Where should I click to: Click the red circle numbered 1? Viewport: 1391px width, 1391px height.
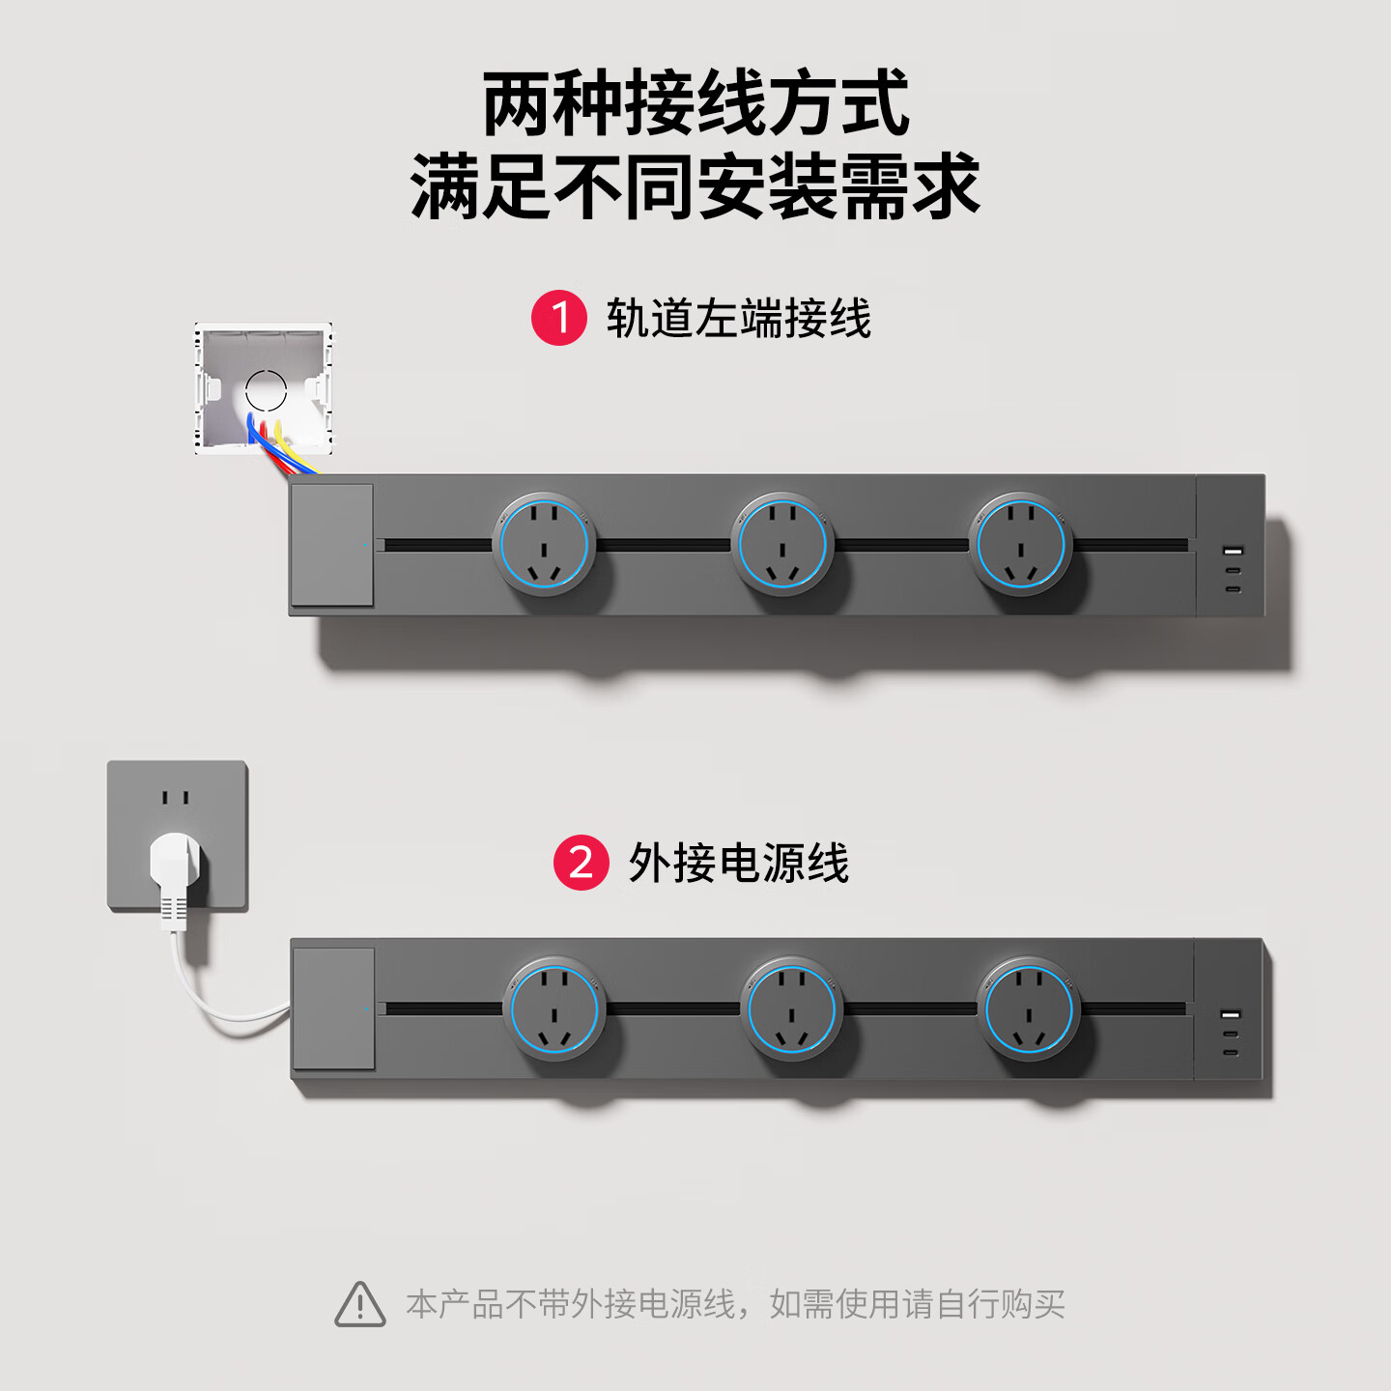(x=558, y=318)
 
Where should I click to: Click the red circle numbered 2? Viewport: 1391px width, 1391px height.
(x=582, y=863)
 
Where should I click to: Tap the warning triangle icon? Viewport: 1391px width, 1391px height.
(x=360, y=1304)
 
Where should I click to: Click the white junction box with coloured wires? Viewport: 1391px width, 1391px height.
(x=265, y=389)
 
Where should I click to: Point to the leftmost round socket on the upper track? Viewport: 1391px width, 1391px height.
(x=545, y=544)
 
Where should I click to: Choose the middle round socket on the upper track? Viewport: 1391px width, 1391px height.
(x=782, y=544)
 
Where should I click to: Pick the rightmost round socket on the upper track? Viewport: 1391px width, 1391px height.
(x=1021, y=544)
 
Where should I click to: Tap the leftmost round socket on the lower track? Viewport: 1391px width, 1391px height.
(x=554, y=1008)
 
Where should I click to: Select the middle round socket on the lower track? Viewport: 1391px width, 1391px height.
(x=792, y=1008)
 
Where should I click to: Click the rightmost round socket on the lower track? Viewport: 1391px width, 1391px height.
(x=1029, y=1008)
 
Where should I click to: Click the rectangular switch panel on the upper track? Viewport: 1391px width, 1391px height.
(x=332, y=545)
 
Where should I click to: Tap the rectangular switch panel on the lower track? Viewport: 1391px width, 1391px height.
(x=333, y=1008)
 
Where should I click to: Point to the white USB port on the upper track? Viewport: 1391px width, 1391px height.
(x=1233, y=552)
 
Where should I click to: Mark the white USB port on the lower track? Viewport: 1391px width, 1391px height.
(x=1231, y=1015)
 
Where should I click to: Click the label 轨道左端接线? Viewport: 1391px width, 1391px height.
(x=738, y=319)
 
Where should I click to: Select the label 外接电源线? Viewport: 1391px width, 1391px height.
(x=738, y=863)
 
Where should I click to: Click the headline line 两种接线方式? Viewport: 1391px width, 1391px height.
(x=695, y=102)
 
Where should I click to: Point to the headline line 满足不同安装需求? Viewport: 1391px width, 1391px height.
(x=695, y=186)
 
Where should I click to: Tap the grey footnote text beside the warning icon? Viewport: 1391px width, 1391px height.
(x=735, y=1304)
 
